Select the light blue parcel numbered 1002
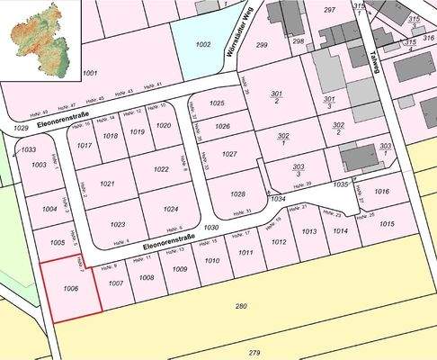[x=202, y=43]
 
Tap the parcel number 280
[x=240, y=307]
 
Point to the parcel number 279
[x=254, y=352]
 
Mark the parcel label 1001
[x=89, y=72]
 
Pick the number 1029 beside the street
[x=21, y=130]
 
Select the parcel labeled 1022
[x=161, y=169]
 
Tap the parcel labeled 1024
[x=171, y=209]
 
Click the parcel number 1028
[x=237, y=194]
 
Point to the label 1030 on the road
[x=211, y=228]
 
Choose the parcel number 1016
[x=381, y=192]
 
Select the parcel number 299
[x=262, y=44]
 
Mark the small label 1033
[x=28, y=149]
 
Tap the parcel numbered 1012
[x=279, y=241]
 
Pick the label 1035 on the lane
[x=340, y=184]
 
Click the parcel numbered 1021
[x=107, y=184]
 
